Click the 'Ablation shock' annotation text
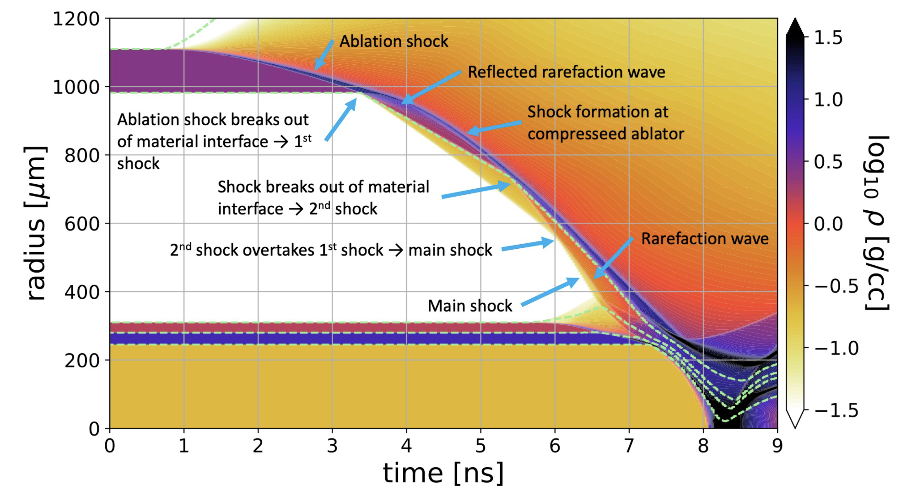(394, 42)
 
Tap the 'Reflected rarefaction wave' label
(566, 72)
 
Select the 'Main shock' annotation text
(470, 306)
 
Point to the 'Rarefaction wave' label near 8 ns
(705, 239)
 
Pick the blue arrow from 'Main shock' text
(550, 292)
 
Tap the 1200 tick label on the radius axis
(76, 19)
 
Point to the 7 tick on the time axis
(629, 446)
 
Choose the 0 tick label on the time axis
(110, 446)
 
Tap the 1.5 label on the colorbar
(828, 38)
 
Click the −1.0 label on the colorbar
(836, 348)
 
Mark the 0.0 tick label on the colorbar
(828, 224)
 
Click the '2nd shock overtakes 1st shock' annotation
(330, 250)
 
